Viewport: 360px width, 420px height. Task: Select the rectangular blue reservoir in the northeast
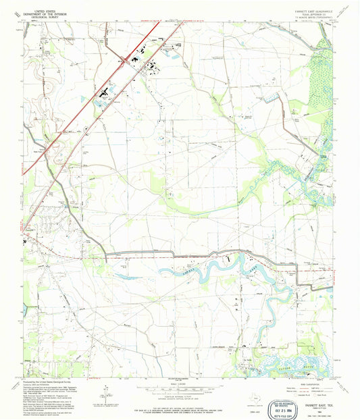272,99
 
